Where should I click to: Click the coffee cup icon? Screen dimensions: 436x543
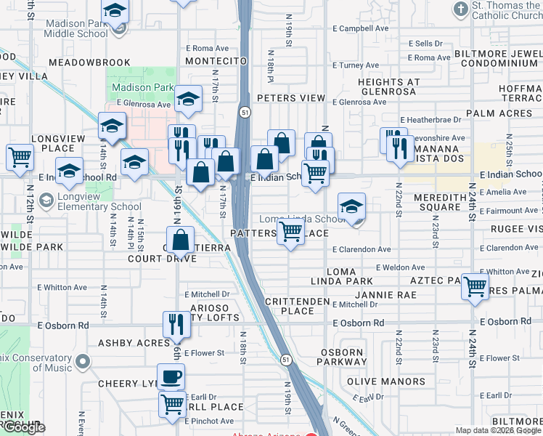(171, 377)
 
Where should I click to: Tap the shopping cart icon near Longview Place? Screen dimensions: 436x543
(20, 156)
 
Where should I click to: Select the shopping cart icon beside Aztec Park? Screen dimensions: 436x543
(475, 286)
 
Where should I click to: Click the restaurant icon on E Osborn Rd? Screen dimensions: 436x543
(175, 324)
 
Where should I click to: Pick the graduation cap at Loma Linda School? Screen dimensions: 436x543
(351, 206)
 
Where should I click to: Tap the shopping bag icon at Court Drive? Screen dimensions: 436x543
(181, 239)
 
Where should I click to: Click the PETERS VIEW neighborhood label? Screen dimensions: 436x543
(291, 98)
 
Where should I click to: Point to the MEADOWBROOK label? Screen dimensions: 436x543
(91, 62)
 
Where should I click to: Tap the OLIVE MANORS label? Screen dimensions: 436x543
(385, 381)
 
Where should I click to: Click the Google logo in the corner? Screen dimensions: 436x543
(23, 427)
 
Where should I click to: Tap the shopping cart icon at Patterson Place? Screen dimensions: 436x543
(291, 233)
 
